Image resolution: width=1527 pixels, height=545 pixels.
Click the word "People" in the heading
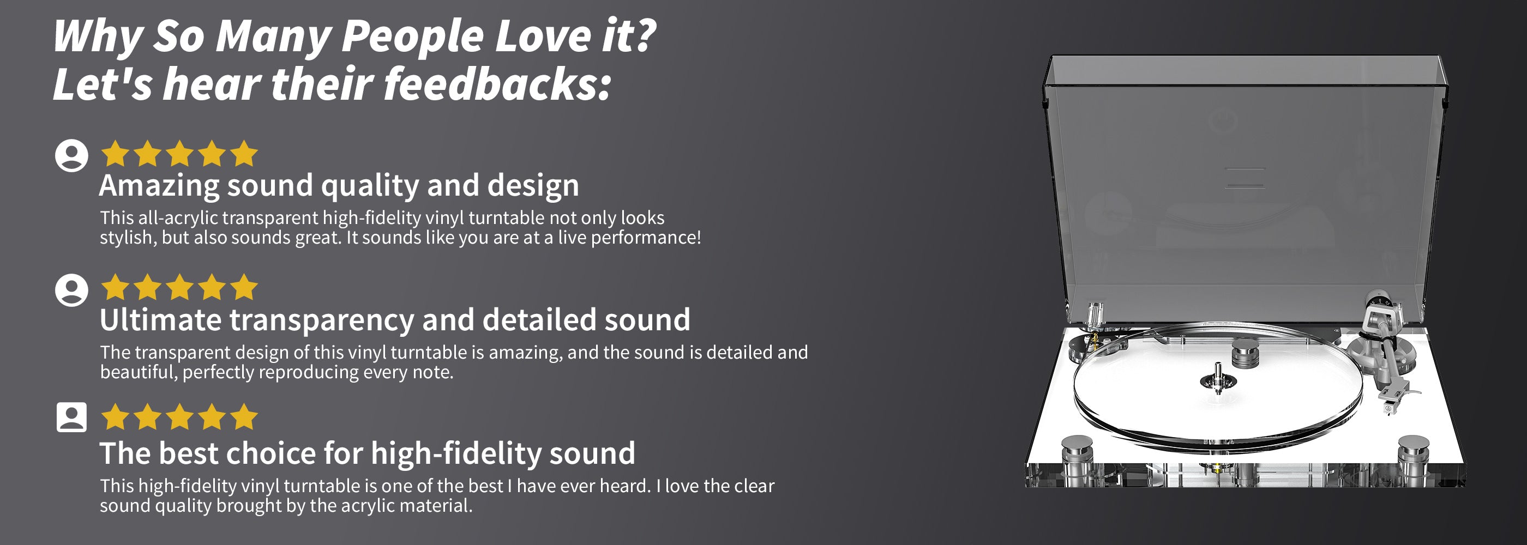[413, 37]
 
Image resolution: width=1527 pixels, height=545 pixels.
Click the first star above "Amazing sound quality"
[116, 154]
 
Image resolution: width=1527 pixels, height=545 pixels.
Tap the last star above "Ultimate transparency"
[244, 288]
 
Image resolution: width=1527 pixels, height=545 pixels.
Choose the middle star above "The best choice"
[179, 416]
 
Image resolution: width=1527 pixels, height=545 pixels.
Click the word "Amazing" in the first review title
[159, 186]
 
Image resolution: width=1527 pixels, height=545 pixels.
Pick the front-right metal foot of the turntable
[1414, 459]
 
